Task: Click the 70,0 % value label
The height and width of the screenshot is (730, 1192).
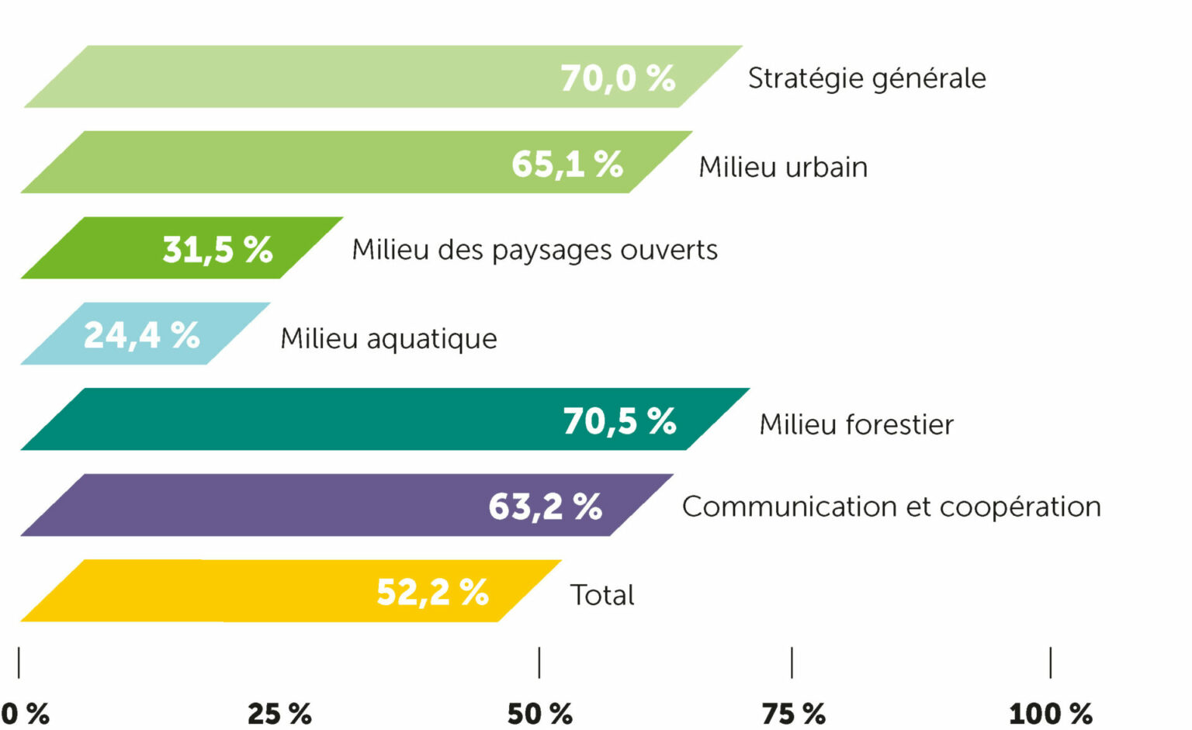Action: pyautogui.click(x=618, y=78)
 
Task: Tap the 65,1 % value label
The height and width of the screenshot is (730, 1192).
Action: pyautogui.click(x=567, y=164)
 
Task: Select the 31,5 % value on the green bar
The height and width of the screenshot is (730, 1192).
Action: pyautogui.click(x=217, y=250)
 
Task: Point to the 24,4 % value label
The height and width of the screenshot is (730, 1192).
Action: pyautogui.click(x=142, y=335)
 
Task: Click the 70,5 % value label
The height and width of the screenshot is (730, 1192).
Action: pyautogui.click(x=619, y=421)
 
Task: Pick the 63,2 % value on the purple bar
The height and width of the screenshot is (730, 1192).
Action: pyautogui.click(x=545, y=507)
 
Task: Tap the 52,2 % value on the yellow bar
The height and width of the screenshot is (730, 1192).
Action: pyautogui.click(x=432, y=592)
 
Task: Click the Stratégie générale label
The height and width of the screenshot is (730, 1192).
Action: pyautogui.click(x=867, y=78)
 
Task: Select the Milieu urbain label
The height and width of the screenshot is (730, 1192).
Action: pyautogui.click(x=783, y=167)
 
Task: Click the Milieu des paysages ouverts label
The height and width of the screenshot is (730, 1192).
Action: pyautogui.click(x=535, y=250)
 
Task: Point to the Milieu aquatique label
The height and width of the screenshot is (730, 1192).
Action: pyautogui.click(x=389, y=339)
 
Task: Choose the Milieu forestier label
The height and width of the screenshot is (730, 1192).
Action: pyautogui.click(x=856, y=424)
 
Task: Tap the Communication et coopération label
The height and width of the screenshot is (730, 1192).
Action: pyautogui.click(x=891, y=507)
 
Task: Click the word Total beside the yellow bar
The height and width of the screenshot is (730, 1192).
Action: pyautogui.click(x=602, y=595)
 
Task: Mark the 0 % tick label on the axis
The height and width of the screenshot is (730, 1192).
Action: pyautogui.click(x=25, y=713)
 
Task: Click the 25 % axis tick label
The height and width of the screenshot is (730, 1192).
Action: pyautogui.click(x=279, y=713)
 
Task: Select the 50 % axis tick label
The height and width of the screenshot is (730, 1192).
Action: pyautogui.click(x=539, y=713)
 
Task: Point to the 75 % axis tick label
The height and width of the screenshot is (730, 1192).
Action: pyautogui.click(x=793, y=713)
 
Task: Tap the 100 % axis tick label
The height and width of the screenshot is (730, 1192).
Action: pyautogui.click(x=1050, y=713)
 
